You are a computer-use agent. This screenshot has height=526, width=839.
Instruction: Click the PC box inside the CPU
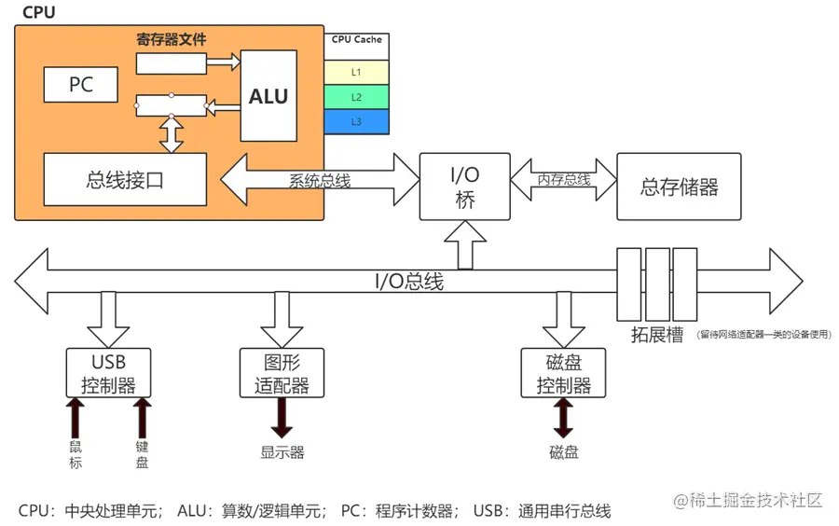(81, 85)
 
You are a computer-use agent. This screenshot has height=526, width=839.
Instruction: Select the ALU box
(268, 96)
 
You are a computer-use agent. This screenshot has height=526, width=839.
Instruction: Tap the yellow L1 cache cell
(356, 72)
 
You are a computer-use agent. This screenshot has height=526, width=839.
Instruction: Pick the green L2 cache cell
(356, 97)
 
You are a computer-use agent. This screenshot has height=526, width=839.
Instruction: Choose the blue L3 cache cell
(356, 121)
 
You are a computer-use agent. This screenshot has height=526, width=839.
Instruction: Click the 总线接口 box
(125, 180)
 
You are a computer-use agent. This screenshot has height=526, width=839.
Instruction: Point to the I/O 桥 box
(465, 187)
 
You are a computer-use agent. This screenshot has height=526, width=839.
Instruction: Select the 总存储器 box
(680, 187)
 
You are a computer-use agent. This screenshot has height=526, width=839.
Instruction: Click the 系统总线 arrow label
(320, 181)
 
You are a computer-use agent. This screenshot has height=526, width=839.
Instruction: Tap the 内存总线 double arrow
(564, 179)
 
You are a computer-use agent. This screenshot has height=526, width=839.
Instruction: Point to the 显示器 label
(282, 452)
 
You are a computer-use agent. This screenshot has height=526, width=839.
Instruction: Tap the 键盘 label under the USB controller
(142, 454)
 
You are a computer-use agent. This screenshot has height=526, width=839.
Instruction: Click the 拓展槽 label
(658, 335)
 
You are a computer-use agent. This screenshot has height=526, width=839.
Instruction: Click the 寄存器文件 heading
(172, 40)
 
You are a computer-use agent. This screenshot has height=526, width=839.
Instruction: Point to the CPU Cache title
(356, 40)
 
